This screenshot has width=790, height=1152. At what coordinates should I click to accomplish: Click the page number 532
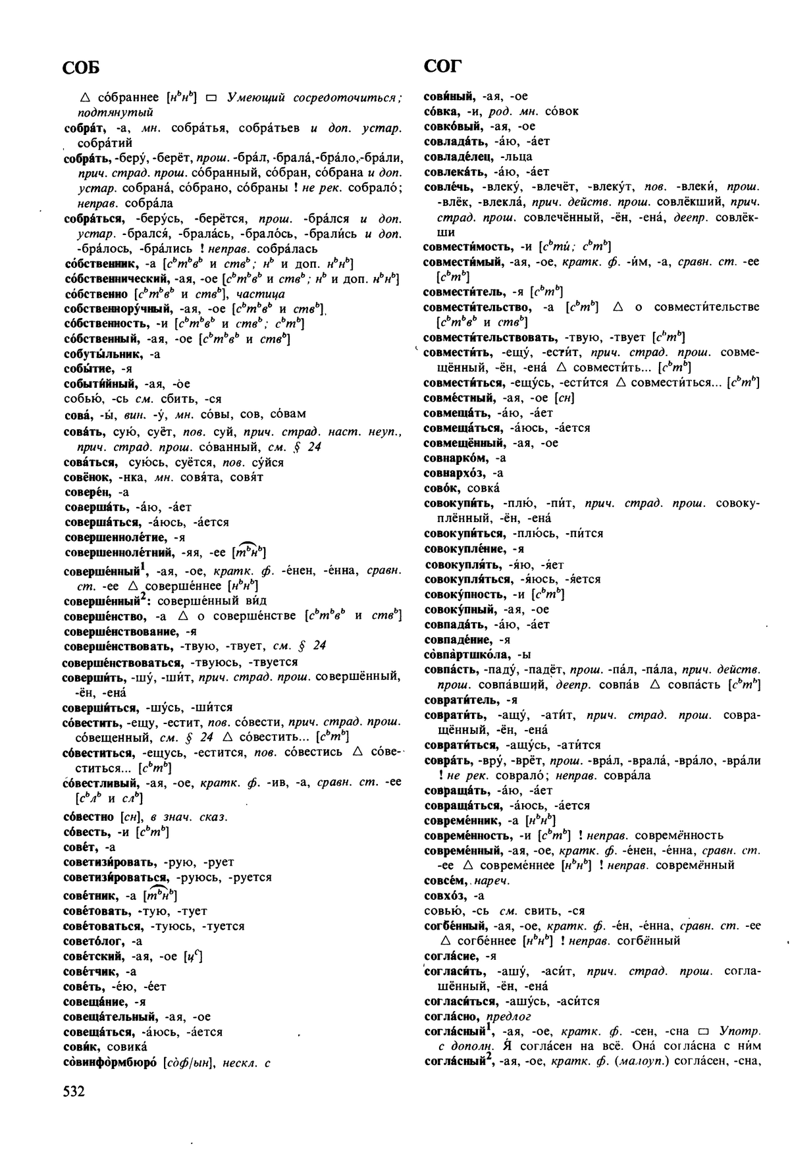click(x=74, y=1092)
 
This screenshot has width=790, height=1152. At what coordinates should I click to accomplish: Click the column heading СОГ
click(x=443, y=66)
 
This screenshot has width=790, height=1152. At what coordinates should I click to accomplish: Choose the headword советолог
click(x=96, y=941)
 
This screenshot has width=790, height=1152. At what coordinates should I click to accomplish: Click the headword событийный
click(x=100, y=384)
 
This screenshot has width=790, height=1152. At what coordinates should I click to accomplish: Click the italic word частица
click(x=257, y=294)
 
